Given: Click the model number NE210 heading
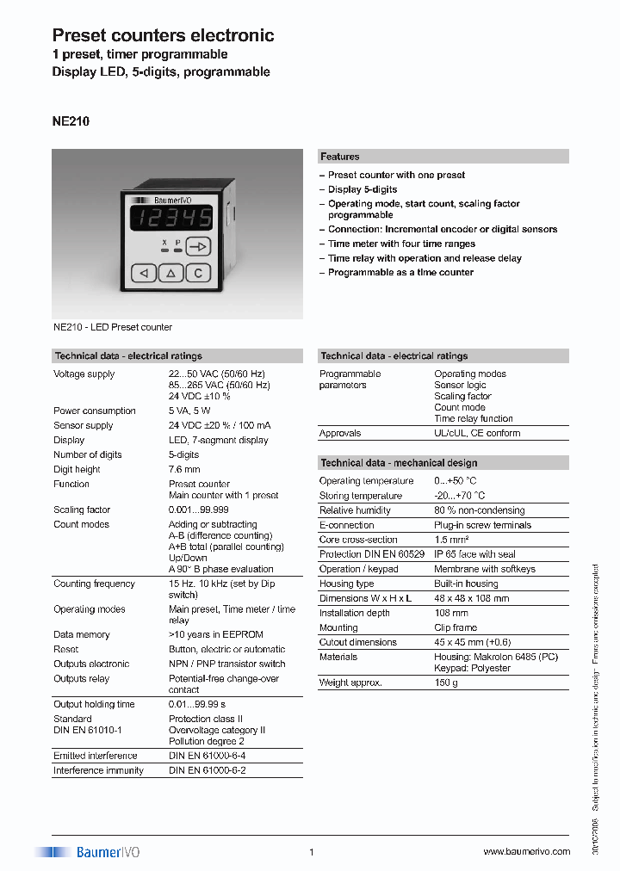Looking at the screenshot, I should coord(71,121).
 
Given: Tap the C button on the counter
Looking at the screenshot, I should coord(198,273).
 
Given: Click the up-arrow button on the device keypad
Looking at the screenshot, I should coord(170,273).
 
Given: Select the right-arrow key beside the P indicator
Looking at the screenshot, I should coord(198,247).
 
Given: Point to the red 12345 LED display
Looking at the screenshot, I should coord(170,218).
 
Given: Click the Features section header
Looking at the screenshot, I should coord(340,157).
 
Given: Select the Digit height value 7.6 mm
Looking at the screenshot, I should coord(184,469).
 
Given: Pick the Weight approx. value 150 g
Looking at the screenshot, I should coord(447,683).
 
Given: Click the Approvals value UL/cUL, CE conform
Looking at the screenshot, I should coord(477,433).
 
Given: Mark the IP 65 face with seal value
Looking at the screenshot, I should coord(474,554).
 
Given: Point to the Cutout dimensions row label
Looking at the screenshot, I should coord(357,642).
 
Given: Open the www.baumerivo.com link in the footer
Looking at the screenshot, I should coord(526,852).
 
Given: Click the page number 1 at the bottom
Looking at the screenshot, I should coord(311,852).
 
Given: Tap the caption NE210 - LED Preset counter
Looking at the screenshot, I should coord(113,327).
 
